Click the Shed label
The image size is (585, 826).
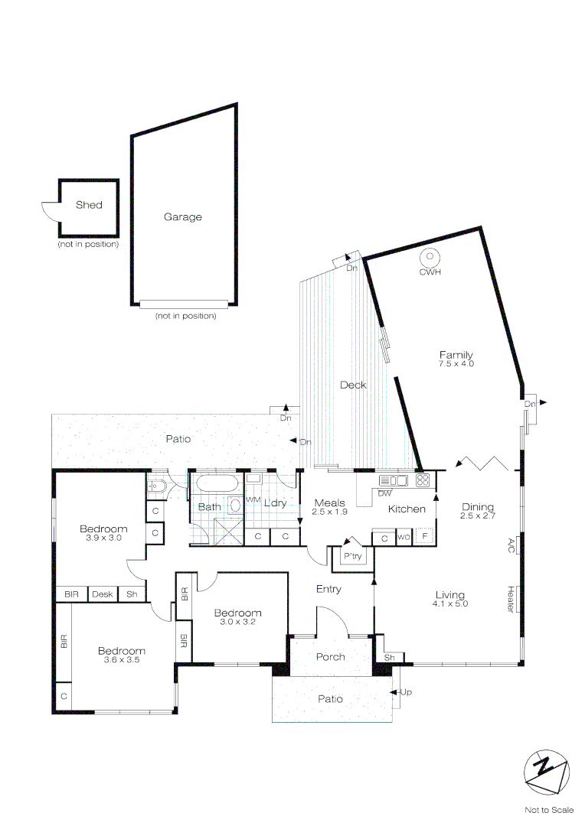(x=89, y=205)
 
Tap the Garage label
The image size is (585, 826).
(x=183, y=217)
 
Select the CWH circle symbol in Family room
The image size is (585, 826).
(x=430, y=257)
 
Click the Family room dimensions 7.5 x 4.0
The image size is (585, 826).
(x=456, y=364)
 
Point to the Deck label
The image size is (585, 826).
(x=353, y=385)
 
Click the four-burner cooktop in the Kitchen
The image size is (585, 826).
(x=423, y=480)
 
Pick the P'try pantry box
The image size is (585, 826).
(x=353, y=557)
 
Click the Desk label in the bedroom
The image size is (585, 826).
(x=102, y=594)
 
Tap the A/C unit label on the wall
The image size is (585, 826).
(x=511, y=545)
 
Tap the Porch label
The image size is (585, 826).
(x=331, y=657)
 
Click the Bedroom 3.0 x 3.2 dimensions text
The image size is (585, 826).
(x=237, y=623)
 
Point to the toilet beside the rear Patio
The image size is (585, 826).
(x=158, y=485)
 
